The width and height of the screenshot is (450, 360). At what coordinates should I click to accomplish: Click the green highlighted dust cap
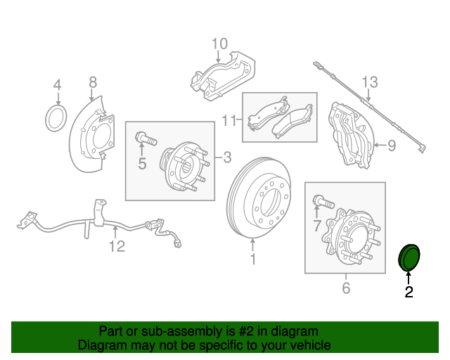pos(409,257)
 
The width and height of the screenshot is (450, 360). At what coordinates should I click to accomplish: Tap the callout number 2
pos(409,292)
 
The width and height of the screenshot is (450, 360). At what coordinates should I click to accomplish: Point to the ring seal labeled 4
pos(56,119)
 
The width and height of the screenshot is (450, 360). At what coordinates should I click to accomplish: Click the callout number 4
pos(58,84)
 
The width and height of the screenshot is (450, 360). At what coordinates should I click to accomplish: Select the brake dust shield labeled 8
pos(91,138)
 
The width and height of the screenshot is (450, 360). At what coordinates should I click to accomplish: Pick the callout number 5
pos(142,164)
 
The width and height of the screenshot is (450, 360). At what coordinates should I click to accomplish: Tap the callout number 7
pos(317,226)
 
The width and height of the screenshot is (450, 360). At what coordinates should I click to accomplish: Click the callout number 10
pos(219,44)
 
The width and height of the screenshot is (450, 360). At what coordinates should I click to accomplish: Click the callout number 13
pos(370,82)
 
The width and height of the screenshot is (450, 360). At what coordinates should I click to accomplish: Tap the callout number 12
pos(116,246)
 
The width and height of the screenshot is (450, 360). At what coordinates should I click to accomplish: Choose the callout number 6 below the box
pos(345,288)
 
